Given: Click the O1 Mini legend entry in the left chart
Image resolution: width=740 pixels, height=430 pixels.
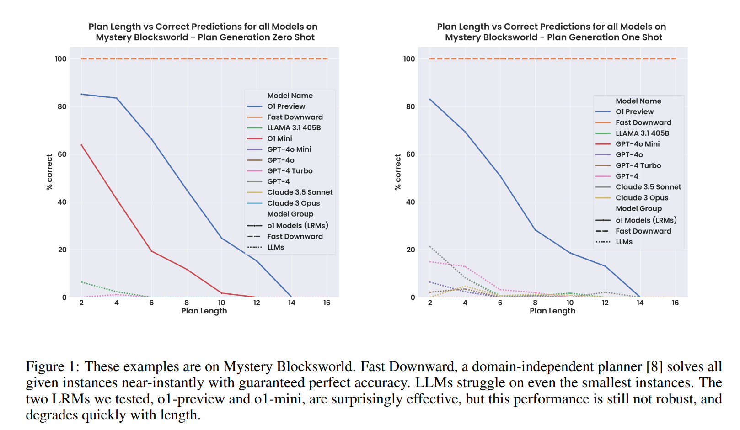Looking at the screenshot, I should tap(279, 138).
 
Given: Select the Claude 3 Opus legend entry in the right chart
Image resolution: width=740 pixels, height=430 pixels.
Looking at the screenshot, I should tap(641, 198).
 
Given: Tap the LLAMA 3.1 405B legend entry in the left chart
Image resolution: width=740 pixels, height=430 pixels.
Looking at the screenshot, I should tap(294, 128).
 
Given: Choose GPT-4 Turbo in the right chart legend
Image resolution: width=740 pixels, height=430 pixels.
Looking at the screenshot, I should tap(638, 165).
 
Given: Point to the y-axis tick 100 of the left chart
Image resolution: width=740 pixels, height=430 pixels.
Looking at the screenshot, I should tap(61, 59).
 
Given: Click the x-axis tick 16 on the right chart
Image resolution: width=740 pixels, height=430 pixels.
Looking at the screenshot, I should tap(675, 303).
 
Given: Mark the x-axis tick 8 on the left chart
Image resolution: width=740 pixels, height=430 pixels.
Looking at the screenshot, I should tap(187, 303).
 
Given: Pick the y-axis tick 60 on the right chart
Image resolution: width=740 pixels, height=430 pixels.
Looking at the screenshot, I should tap(410, 154).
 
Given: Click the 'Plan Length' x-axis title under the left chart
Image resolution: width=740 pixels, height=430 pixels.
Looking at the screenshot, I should tap(204, 311).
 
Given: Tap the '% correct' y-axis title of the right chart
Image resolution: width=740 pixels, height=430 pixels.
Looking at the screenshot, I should tap(398, 172).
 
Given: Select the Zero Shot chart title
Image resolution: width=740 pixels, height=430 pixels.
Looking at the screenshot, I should tap(203, 32).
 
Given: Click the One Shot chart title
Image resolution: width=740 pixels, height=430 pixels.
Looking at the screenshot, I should tap(552, 32).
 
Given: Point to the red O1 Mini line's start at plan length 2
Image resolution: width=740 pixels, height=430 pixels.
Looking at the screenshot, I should tap(81, 145).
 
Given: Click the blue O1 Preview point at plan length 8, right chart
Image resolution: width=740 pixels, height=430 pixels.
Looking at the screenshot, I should tap(535, 229).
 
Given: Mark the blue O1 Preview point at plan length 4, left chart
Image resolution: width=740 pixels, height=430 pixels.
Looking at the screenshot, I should tap(117, 98).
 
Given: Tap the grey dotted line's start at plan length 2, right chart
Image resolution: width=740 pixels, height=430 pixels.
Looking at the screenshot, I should tap(430, 246).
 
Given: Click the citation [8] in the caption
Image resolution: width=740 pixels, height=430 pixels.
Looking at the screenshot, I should tap(654, 366).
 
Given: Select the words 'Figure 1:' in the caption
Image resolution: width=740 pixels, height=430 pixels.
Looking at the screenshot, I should tap(53, 366).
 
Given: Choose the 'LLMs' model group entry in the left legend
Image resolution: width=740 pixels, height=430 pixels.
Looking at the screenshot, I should tap(275, 247).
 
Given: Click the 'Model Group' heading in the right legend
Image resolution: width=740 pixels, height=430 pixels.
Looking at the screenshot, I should tap(638, 208).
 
